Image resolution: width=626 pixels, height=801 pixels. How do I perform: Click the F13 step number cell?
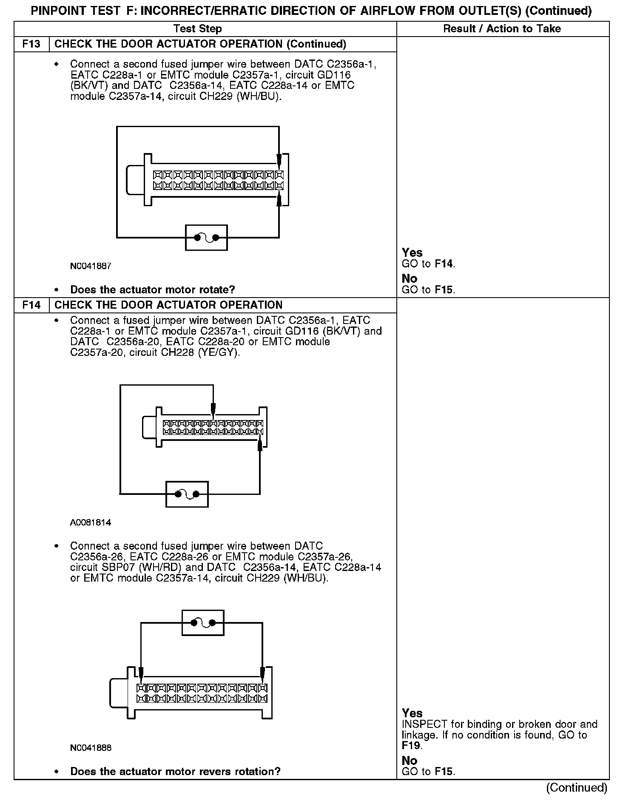[32, 44]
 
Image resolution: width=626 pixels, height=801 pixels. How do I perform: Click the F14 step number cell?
[32, 305]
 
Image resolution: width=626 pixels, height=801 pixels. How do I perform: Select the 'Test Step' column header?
[198, 29]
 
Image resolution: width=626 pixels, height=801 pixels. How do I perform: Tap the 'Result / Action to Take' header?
[502, 29]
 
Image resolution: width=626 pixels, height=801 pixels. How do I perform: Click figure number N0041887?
[91, 267]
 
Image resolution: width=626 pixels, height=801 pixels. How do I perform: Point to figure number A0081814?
[91, 523]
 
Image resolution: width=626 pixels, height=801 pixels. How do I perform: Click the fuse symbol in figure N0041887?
[206, 238]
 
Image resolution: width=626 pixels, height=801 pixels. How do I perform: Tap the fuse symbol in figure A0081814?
[187, 494]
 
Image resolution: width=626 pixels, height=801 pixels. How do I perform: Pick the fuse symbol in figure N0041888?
[203, 623]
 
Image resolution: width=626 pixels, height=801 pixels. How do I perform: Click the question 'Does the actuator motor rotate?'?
[152, 290]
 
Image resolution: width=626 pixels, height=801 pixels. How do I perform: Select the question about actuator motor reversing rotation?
[175, 772]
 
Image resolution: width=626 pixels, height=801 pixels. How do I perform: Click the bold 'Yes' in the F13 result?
[412, 253]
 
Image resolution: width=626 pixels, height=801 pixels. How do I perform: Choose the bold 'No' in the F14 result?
[410, 760]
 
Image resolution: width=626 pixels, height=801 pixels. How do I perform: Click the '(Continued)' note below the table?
[576, 787]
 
